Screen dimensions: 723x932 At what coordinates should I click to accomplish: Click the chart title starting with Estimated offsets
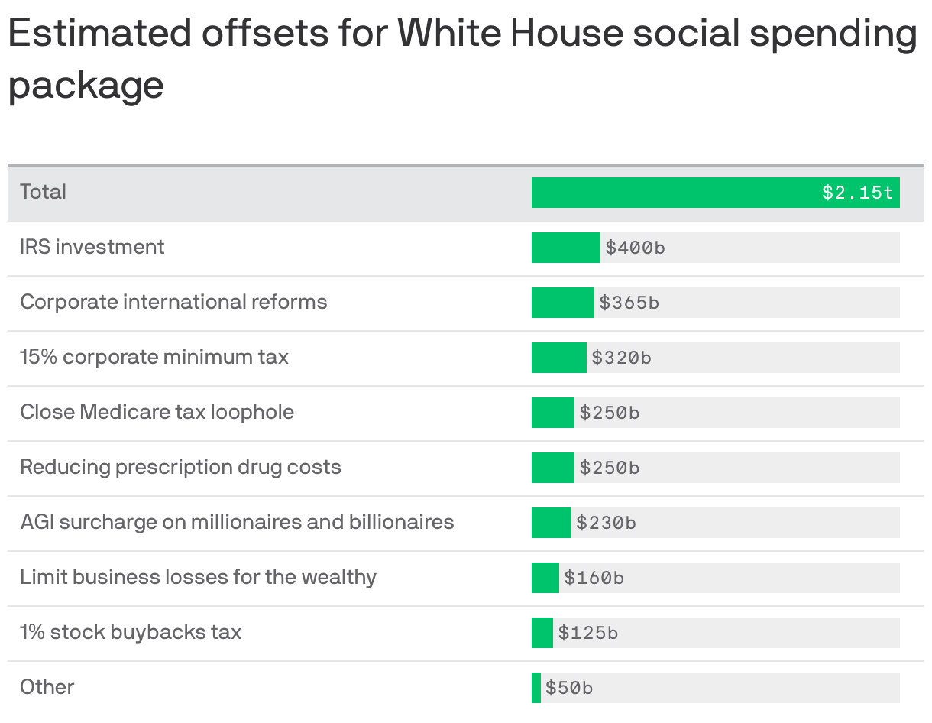pyautogui.click(x=462, y=58)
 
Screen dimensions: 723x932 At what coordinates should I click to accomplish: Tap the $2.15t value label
pyautogui.click(x=857, y=193)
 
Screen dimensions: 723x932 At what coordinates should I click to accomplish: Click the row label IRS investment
pyautogui.click(x=92, y=247)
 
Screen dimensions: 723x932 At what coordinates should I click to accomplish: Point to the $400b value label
pyautogui.click(x=635, y=248)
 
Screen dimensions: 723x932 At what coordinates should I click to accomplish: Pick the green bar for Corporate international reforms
pyautogui.click(x=562, y=303)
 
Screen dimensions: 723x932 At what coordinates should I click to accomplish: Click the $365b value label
pyautogui.click(x=629, y=303)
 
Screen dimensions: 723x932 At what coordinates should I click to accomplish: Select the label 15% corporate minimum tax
pyautogui.click(x=154, y=357)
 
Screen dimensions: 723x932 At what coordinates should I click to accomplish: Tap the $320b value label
pyautogui.click(x=621, y=358)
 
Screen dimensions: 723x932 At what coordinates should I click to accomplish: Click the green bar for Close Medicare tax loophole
pyautogui.click(x=552, y=413)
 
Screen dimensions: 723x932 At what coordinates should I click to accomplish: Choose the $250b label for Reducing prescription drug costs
pyautogui.click(x=609, y=468)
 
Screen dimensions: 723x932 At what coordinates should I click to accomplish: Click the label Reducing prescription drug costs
pyautogui.click(x=180, y=467)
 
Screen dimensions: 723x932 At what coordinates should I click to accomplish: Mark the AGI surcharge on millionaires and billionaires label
pyautogui.click(x=237, y=522)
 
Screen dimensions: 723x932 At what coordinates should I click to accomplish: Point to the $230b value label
pyautogui.click(x=606, y=523)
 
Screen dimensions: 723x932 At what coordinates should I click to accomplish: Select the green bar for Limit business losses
pyautogui.click(x=545, y=578)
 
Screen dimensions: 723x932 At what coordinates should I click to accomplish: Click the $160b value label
pyautogui.click(x=594, y=578)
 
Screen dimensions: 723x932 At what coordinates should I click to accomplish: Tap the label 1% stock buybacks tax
pyautogui.click(x=131, y=632)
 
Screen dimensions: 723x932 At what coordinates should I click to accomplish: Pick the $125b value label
pyautogui.click(x=587, y=633)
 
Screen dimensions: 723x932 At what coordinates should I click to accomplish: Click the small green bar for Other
pyautogui.click(x=536, y=688)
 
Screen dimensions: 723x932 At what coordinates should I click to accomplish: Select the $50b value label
pyautogui.click(x=568, y=688)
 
